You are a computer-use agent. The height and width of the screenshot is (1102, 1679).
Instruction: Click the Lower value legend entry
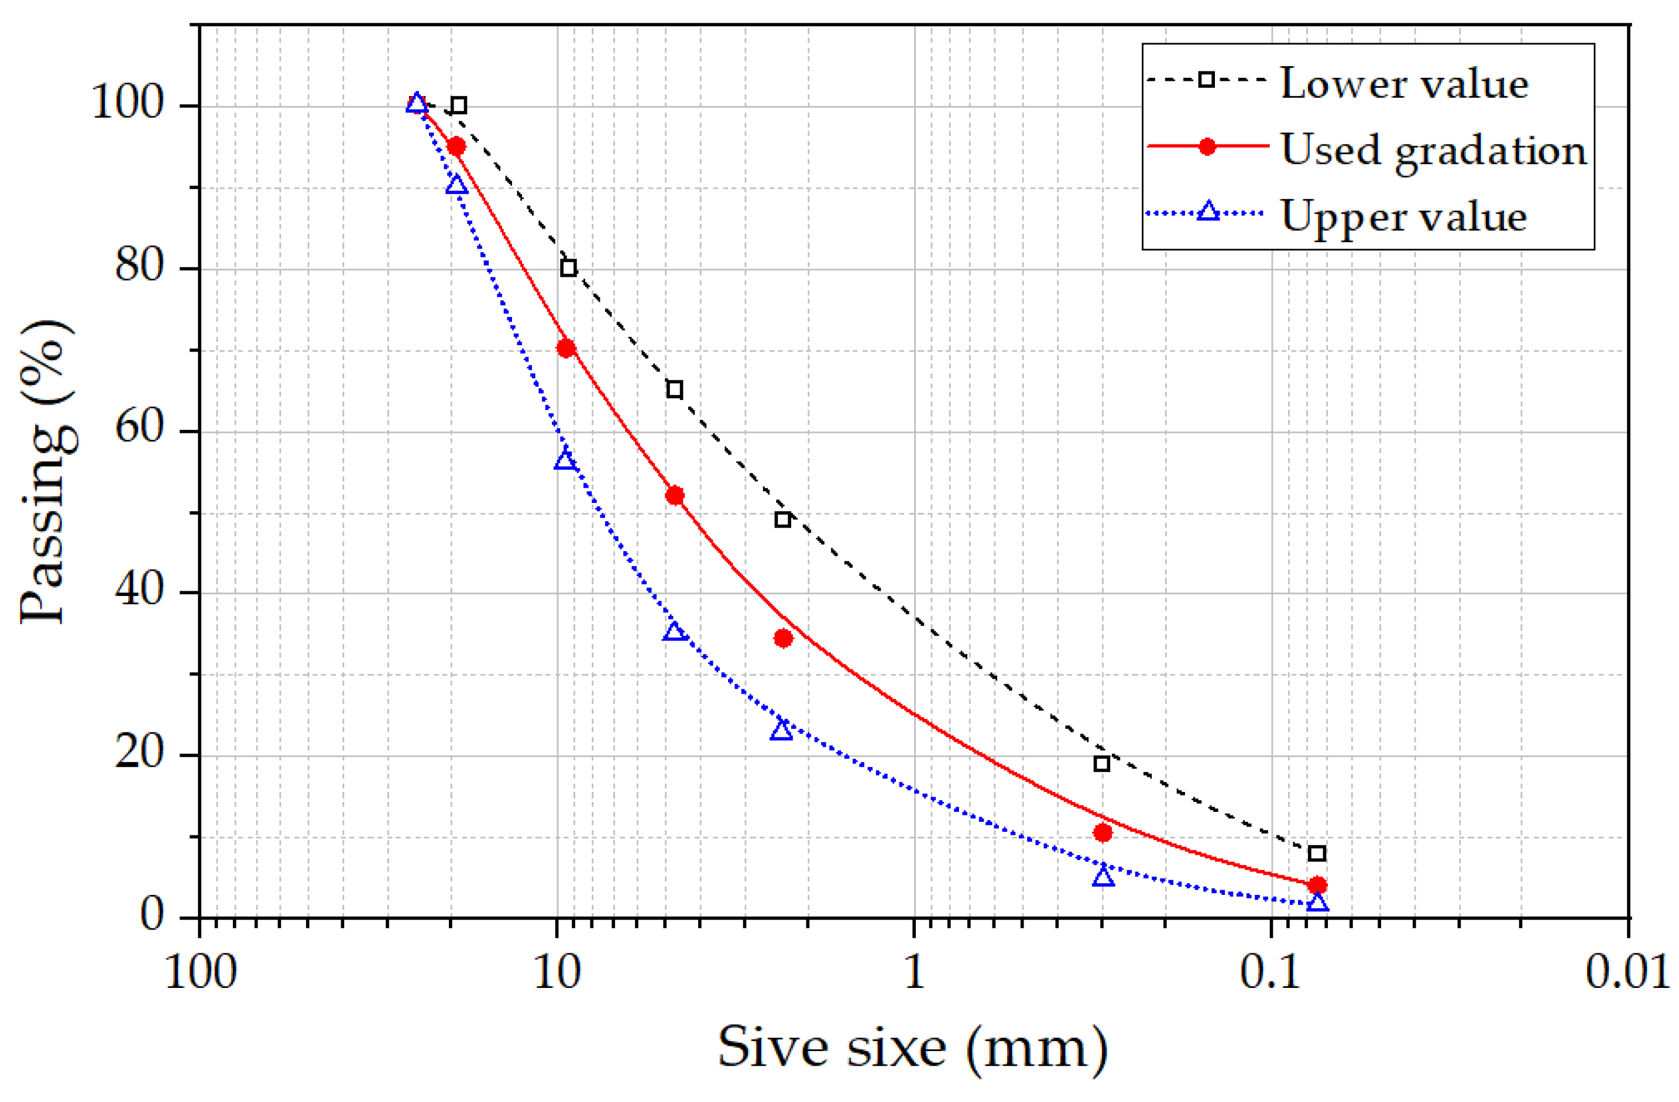pyautogui.click(x=1403, y=84)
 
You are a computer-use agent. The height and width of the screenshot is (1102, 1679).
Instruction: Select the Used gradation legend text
pyautogui.click(x=1433, y=150)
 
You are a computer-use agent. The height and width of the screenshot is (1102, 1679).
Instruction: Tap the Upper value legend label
pyautogui.click(x=1403, y=216)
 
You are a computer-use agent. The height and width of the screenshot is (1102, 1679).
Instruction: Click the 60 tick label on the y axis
pyautogui.click(x=139, y=427)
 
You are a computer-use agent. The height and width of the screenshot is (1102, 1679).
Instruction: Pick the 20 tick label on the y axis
pyautogui.click(x=139, y=752)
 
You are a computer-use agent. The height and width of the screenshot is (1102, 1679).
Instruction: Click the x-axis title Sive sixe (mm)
pyautogui.click(x=913, y=1048)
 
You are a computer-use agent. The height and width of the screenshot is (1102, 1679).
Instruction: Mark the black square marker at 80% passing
pyautogui.click(x=568, y=268)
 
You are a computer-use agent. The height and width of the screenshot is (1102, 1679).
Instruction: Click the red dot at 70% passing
pyautogui.click(x=566, y=347)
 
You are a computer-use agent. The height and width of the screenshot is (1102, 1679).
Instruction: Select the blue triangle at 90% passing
pyautogui.click(x=456, y=185)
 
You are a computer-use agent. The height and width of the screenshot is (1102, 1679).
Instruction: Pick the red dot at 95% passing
pyautogui.click(x=456, y=146)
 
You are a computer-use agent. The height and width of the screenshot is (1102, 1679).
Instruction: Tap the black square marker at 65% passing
pyautogui.click(x=674, y=389)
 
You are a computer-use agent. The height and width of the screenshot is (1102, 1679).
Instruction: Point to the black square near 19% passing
pyautogui.click(x=1101, y=763)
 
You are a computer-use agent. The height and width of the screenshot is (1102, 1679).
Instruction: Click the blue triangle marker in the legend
pyautogui.click(x=1208, y=212)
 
